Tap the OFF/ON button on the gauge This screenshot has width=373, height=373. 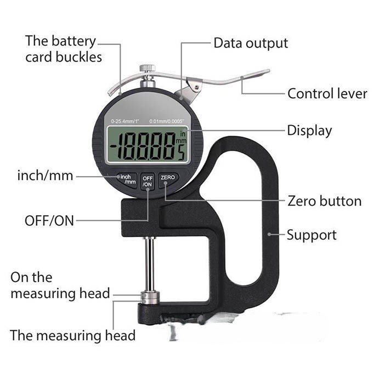pyautogui.click(x=148, y=182)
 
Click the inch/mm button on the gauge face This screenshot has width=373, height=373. pyautogui.click(x=127, y=180)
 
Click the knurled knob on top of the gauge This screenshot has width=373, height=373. pyautogui.click(x=148, y=68)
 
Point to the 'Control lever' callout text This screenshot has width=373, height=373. pyautogui.click(x=327, y=93)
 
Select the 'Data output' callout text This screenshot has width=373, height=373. pyautogui.click(x=251, y=43)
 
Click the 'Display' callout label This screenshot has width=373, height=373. pyautogui.click(x=309, y=131)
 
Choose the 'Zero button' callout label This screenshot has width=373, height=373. pyautogui.click(x=325, y=201)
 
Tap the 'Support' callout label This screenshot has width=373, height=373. pyautogui.click(x=312, y=235)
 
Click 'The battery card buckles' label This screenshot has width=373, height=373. pyautogui.click(x=64, y=49)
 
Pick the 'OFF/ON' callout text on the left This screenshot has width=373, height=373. pyautogui.click(x=49, y=221)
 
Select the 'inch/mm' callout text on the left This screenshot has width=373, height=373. pyautogui.click(x=45, y=176)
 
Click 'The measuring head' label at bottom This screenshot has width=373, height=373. pyautogui.click(x=72, y=335)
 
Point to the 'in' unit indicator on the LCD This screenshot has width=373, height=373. pyautogui.click(x=183, y=133)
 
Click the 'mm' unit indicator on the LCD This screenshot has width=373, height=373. pyautogui.click(x=181, y=141)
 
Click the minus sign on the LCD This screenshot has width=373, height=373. pyautogui.click(x=114, y=146)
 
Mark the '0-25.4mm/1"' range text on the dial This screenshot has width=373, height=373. pyautogui.click(x=125, y=121)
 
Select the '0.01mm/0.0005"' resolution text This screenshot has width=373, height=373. pyautogui.click(x=167, y=121)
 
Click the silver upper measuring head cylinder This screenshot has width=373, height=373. pyautogui.click(x=150, y=298)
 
